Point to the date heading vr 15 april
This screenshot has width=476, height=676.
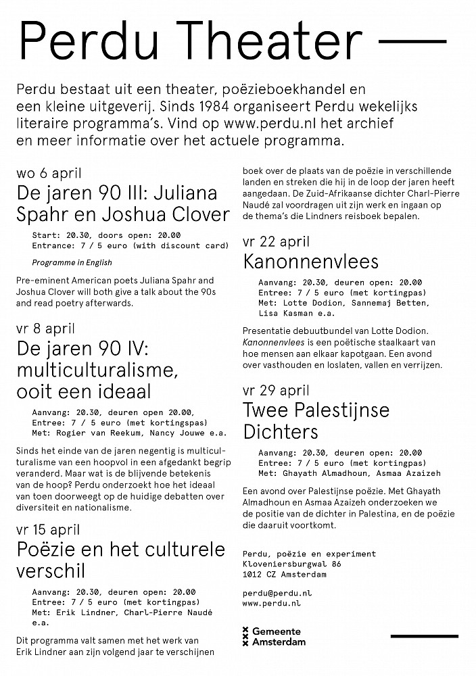49,530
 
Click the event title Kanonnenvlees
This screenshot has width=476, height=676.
310,261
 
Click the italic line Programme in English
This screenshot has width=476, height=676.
72,262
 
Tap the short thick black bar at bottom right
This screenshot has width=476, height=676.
423,635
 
